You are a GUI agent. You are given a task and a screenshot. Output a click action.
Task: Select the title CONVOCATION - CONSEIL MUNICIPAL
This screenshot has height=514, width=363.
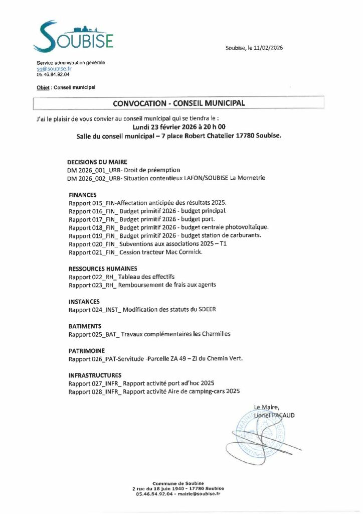point(179,103)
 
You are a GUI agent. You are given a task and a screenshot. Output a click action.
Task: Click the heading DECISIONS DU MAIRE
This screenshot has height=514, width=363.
point(97,162)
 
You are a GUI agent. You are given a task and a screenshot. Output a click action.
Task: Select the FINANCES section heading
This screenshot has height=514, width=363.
point(82,194)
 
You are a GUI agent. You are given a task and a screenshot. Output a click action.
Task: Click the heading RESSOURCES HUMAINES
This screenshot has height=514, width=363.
point(102,268)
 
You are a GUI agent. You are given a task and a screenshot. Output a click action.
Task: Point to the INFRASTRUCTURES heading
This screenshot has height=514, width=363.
point(95,375)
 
